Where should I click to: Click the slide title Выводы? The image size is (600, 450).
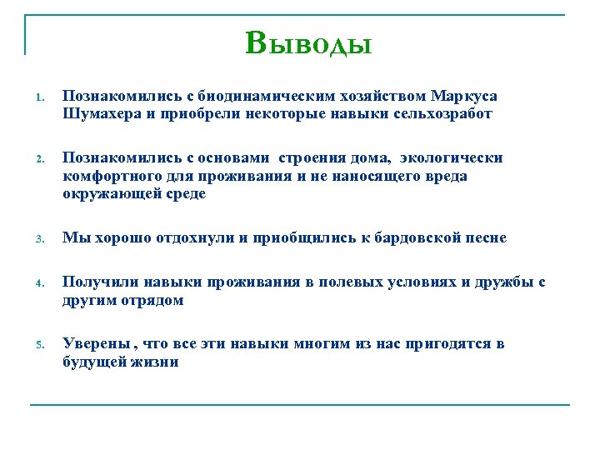pyautogui.click(x=308, y=42)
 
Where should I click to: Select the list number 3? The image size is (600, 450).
pyautogui.click(x=38, y=239)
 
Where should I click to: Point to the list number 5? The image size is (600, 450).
pyautogui.click(x=38, y=345)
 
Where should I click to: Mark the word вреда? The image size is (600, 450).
pyautogui.click(x=445, y=176)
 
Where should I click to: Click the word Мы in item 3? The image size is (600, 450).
pyautogui.click(x=73, y=238)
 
